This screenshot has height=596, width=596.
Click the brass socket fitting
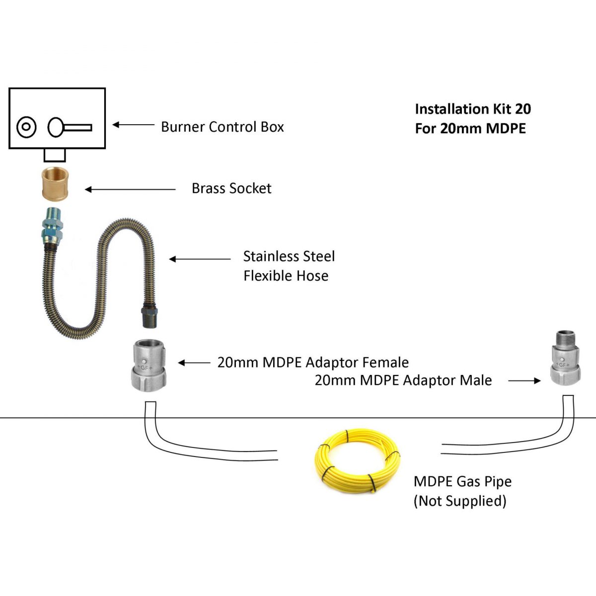click(x=55, y=184)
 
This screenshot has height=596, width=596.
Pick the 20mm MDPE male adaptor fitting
click(x=566, y=358)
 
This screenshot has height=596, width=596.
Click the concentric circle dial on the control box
click(x=26, y=127)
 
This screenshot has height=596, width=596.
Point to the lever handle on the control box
click(x=70, y=128)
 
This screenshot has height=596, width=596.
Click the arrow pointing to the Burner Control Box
click(x=133, y=125)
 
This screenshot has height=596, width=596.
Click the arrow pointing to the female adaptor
click(x=194, y=363)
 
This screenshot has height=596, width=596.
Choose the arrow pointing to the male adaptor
click(x=524, y=381)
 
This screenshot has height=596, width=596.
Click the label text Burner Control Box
click(x=222, y=127)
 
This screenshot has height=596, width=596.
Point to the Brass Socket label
click(x=231, y=189)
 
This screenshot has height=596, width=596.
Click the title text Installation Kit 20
click(x=472, y=109)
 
